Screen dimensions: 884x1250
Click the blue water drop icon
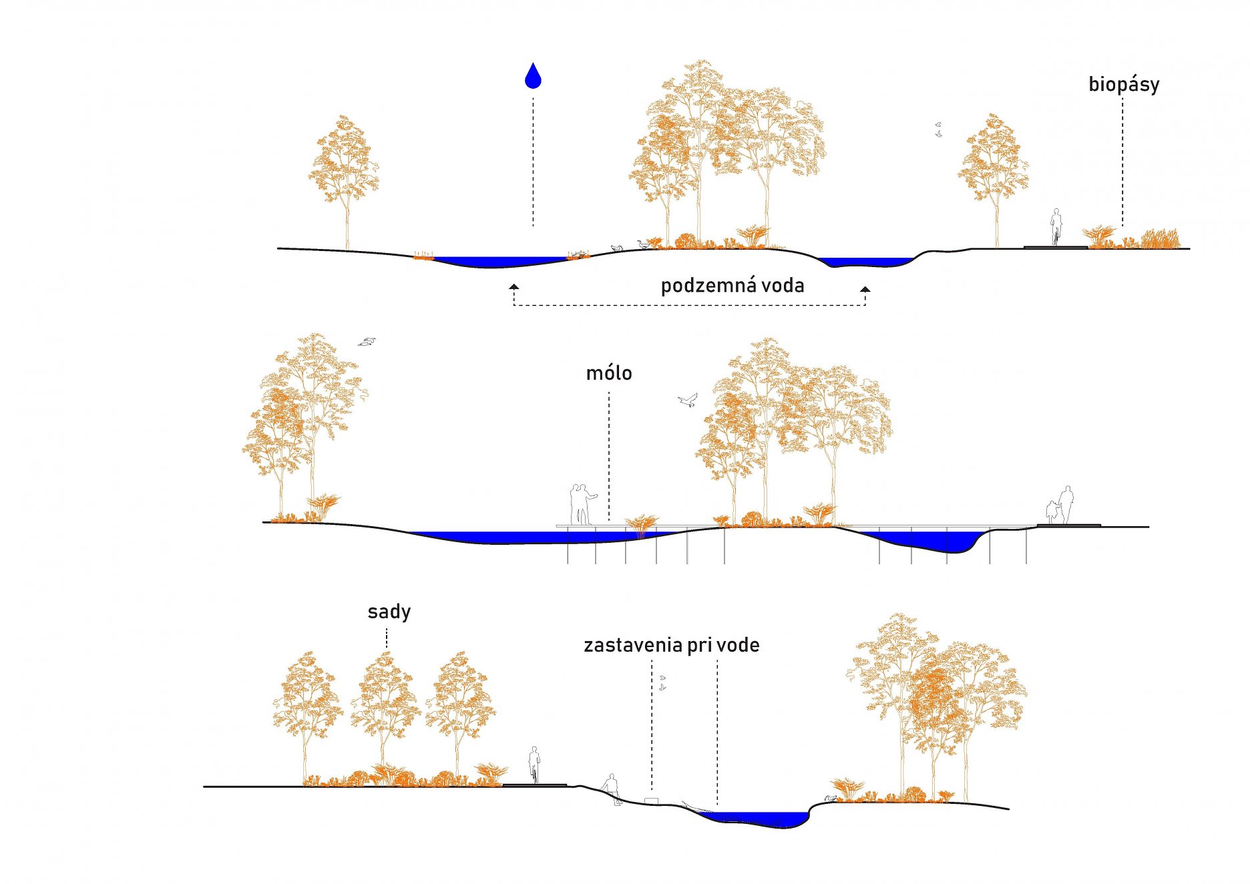[533, 76]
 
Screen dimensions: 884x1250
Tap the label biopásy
[1124, 85]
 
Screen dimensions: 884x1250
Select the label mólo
[608, 373]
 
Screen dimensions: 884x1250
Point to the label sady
[389, 612]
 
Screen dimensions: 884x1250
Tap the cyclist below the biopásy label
[1056, 227]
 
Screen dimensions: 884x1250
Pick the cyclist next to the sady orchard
[534, 764]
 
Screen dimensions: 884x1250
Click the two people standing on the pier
[581, 504]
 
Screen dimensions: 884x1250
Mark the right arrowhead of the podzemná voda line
[865, 289]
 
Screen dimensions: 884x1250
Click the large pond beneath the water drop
[497, 262]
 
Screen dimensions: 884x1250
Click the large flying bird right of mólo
[687, 401]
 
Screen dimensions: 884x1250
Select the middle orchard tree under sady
[385, 708]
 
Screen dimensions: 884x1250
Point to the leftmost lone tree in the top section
[345, 174]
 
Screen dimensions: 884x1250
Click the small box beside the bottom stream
[651, 801]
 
